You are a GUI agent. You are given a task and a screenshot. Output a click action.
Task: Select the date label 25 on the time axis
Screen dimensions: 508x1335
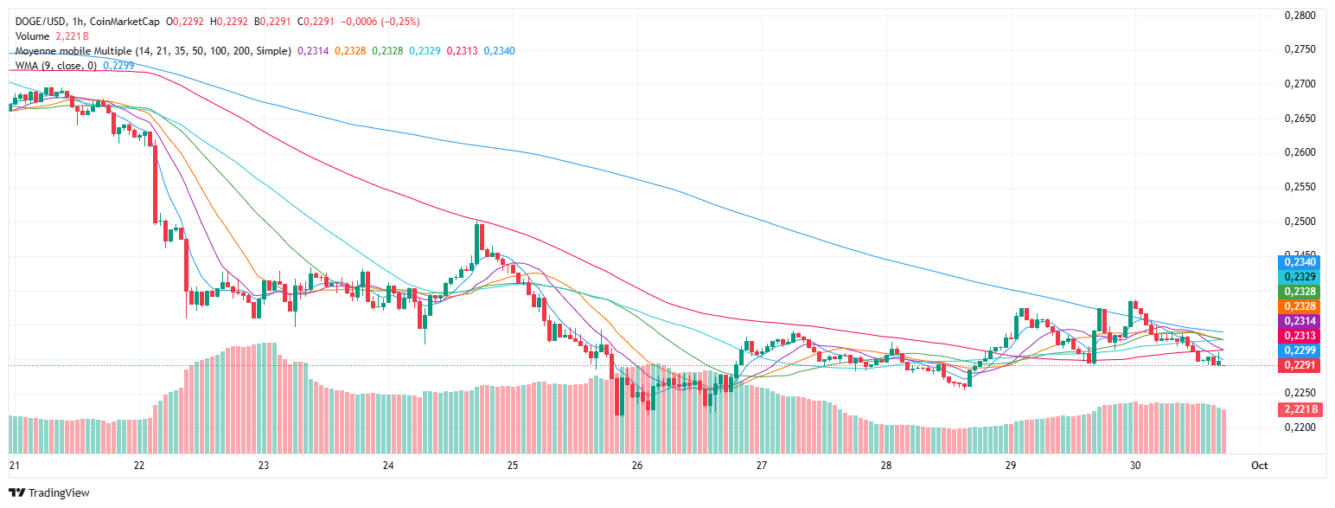point(513,466)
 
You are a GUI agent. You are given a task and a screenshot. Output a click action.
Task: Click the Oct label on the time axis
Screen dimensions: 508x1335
point(1259,466)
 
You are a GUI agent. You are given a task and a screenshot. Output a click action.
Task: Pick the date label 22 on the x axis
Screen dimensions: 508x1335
point(139,466)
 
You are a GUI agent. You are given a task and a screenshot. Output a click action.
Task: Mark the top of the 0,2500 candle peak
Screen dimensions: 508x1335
point(477,223)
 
